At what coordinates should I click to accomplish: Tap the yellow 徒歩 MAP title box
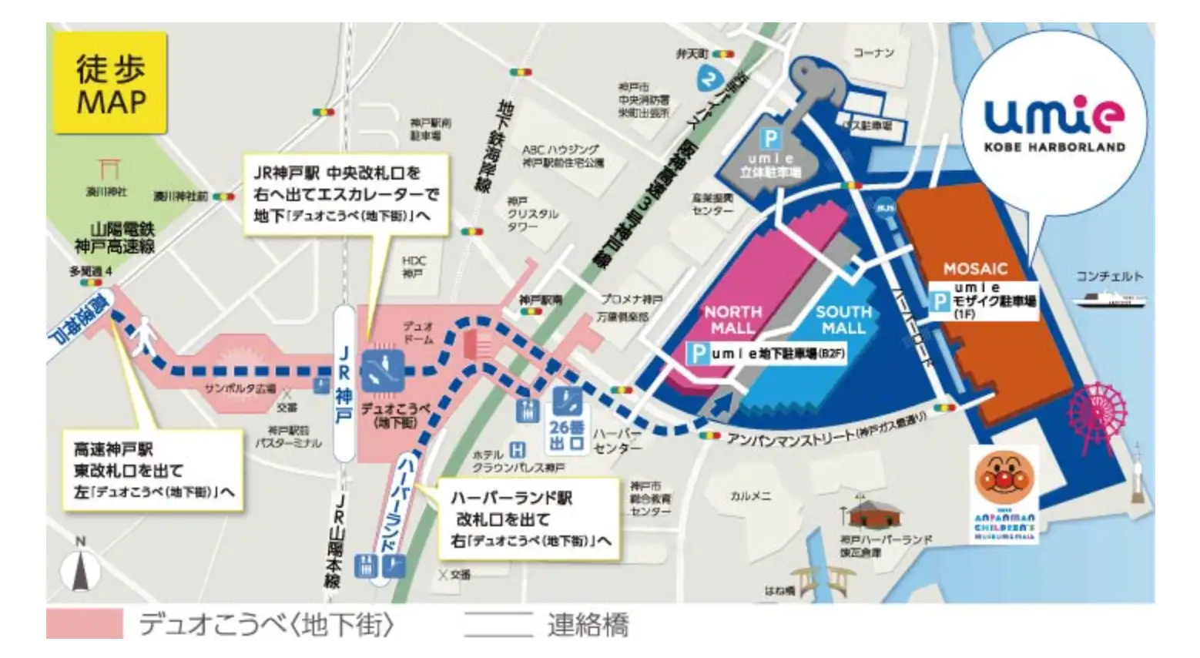click(x=111, y=83)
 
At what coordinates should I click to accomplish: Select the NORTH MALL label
click(x=732, y=320)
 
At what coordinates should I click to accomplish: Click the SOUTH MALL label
click(x=843, y=320)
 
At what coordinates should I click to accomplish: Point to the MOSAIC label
click(x=975, y=269)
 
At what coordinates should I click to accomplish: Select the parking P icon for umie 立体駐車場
click(x=770, y=139)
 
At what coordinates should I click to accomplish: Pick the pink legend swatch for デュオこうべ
click(x=84, y=623)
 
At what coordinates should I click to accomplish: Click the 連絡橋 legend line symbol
click(x=498, y=623)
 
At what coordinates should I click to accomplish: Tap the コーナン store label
click(x=873, y=52)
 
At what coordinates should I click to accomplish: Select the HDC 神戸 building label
click(x=413, y=267)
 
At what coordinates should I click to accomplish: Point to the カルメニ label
click(x=750, y=496)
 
